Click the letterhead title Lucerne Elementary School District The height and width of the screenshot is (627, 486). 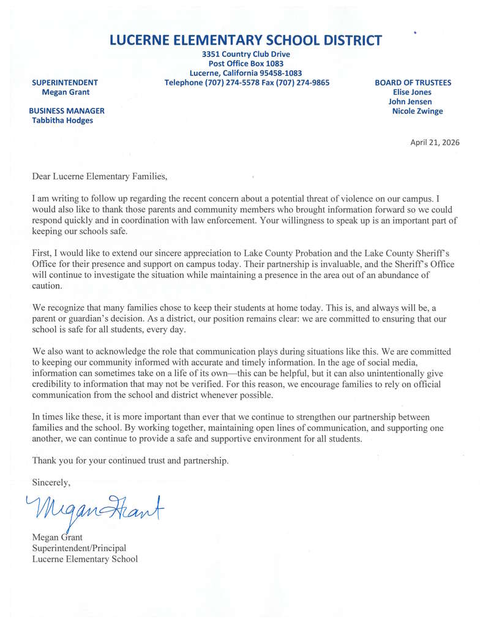tap(245, 40)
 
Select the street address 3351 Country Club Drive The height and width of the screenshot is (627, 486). tap(245, 54)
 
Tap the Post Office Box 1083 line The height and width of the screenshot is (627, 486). tap(245, 64)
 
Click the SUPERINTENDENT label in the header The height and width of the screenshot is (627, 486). tap(65, 83)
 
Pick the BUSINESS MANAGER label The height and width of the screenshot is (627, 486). tap(68, 111)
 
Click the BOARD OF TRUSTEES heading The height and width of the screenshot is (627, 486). tap(413, 83)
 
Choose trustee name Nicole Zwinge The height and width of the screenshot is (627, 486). tap(417, 111)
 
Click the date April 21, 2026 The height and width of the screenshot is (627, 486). tap(435, 143)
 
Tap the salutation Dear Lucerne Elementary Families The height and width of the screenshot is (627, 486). tap(99, 177)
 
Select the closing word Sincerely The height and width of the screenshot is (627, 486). tap(51, 482)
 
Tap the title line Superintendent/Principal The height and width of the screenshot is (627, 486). tap(79, 548)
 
